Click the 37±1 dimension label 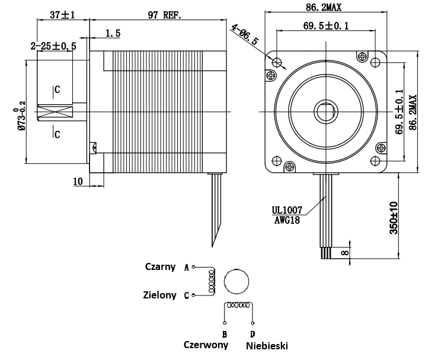pyautogui.click(x=62, y=15)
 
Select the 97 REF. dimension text pyautogui.click(x=165, y=15)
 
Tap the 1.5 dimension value pyautogui.click(x=113, y=34)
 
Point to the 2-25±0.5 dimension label pyautogui.click(x=53, y=46)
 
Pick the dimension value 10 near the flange pyautogui.click(x=78, y=181)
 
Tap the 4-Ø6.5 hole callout pyautogui.click(x=245, y=35)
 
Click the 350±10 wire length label pyautogui.click(x=394, y=218)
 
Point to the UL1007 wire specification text pyautogui.click(x=287, y=210)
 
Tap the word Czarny pyautogui.click(x=160, y=266)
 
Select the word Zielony pyautogui.click(x=159, y=294)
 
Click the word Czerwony pyautogui.click(x=206, y=345)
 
